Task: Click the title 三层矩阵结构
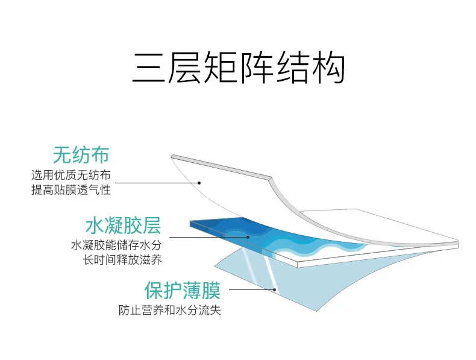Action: [238, 68]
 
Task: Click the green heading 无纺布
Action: [81, 155]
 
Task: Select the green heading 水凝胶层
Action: [123, 226]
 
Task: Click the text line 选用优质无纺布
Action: [71, 175]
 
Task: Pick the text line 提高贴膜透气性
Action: [71, 189]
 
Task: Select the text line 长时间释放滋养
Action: [123, 260]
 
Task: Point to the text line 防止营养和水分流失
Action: [169, 311]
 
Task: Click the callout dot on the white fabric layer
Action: [200, 182]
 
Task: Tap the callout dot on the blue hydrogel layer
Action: [248, 236]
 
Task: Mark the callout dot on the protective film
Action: [275, 290]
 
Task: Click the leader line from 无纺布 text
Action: [157, 182]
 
